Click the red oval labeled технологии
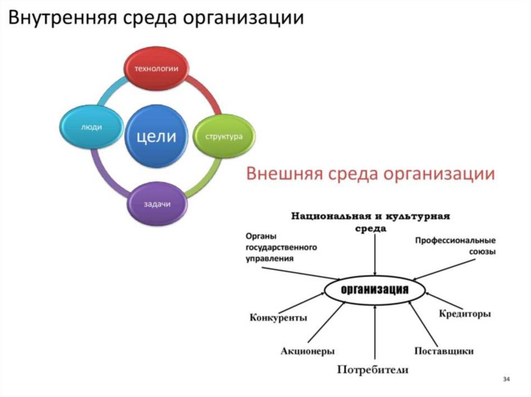(x=157, y=68)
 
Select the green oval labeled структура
(x=224, y=137)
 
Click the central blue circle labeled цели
(x=157, y=136)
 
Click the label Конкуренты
(x=278, y=317)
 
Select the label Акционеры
(x=308, y=351)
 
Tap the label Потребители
(x=373, y=370)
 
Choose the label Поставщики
(x=444, y=351)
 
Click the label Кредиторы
(x=465, y=314)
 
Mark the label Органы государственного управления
(x=281, y=247)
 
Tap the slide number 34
(x=507, y=380)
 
